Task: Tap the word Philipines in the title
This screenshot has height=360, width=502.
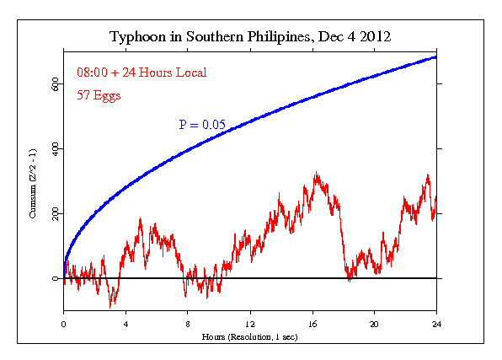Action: [271, 38]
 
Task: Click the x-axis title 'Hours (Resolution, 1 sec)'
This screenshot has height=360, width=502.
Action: [249, 336]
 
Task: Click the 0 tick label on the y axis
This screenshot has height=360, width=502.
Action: [56, 278]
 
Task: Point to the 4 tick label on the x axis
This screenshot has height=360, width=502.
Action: [125, 323]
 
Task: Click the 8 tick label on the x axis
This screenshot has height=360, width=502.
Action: [188, 323]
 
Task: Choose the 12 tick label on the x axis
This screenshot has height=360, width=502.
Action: [250, 323]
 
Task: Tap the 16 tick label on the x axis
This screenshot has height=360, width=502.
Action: [312, 323]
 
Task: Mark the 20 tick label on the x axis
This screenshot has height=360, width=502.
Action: [374, 323]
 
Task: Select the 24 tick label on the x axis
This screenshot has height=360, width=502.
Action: [436, 323]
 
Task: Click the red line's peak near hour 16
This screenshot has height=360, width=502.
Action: [316, 174]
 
